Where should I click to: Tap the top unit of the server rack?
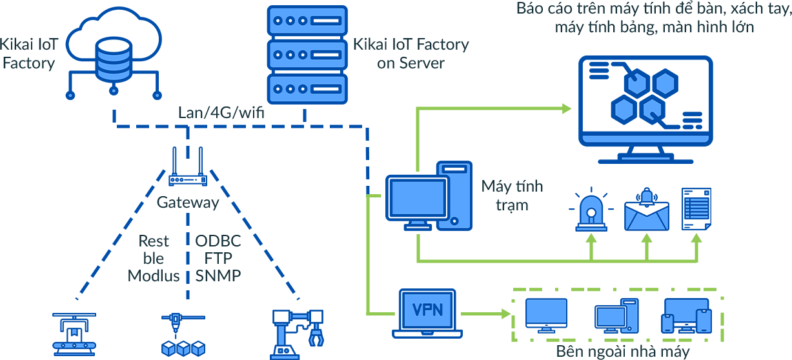(x=307, y=20)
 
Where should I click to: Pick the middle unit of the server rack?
(x=307, y=54)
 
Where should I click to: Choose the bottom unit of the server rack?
(x=307, y=88)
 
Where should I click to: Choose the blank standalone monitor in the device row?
(x=547, y=312)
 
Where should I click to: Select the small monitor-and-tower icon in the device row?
(x=618, y=315)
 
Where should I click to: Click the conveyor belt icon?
(x=72, y=336)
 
